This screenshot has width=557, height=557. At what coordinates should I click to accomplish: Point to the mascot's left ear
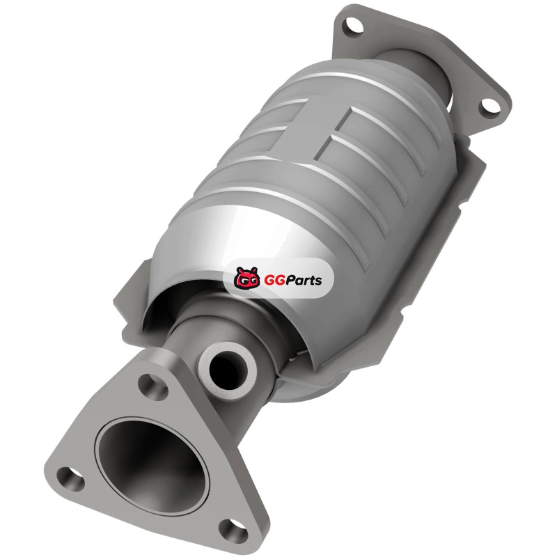click(x=240, y=270)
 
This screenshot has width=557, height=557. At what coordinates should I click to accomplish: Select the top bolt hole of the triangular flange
click(x=152, y=385)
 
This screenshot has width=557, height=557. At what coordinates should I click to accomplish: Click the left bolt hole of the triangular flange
click(x=70, y=478)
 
